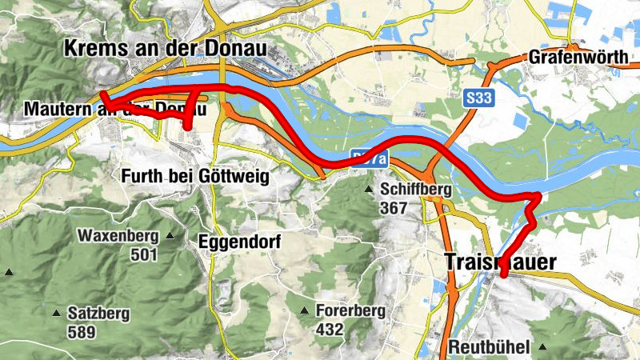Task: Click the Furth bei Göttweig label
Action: click(194, 175)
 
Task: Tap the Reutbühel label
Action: click(490, 348)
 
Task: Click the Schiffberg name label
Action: click(416, 190)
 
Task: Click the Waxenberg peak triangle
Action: click(170, 236)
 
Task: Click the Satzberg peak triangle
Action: click(57, 313)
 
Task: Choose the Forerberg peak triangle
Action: click(304, 310)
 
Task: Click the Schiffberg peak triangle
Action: click(369, 190)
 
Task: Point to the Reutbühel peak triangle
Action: click(543, 347)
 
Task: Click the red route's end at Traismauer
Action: click(504, 274)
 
